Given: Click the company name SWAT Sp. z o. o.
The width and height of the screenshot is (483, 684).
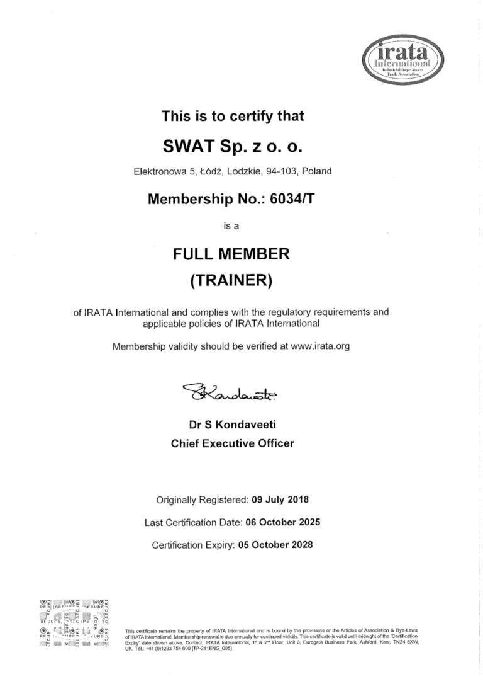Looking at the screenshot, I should coord(233,147).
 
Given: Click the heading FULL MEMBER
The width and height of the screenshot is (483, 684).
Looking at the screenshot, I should coord(231,254).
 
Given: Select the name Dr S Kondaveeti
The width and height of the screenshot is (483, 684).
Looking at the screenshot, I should coord(232,425).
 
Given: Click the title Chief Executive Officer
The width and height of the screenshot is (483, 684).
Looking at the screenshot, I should coord(232,443).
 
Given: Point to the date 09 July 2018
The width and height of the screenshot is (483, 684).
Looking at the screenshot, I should coord(280,501).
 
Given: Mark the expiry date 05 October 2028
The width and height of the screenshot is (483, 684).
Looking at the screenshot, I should coord(276,544).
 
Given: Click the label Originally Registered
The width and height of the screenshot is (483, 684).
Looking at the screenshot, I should coord(202,501).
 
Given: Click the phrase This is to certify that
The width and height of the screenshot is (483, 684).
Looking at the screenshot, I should coord(233,116).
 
